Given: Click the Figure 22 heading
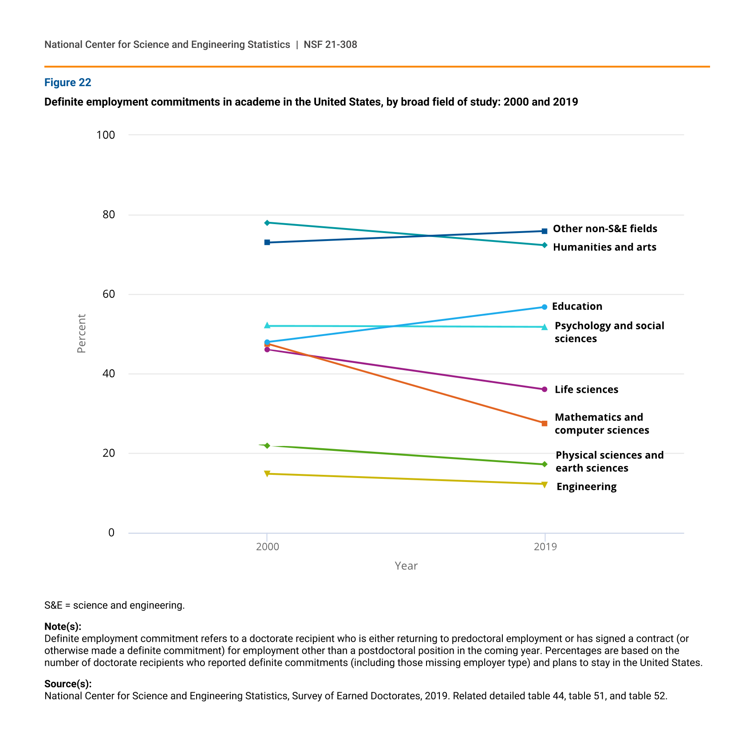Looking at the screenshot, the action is (x=67, y=83).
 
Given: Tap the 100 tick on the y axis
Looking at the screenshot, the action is (x=106, y=135).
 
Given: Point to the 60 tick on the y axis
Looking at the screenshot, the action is (x=109, y=294).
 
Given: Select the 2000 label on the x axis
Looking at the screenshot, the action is (x=267, y=547).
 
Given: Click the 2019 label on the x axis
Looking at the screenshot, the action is (x=545, y=547).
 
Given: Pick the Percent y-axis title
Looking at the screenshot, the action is (x=81, y=334).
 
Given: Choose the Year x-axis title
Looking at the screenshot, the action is (x=406, y=566).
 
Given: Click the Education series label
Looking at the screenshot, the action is (x=577, y=306).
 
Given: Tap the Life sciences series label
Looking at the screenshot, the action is (x=586, y=389).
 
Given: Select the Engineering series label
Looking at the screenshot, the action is (x=586, y=487).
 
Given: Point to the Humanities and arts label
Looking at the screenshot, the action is (x=604, y=247).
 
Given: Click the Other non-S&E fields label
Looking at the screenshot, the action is (x=605, y=229).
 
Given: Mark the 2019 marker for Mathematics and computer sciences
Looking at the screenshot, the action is (x=545, y=423).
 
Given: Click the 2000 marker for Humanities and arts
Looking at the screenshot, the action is (x=267, y=223).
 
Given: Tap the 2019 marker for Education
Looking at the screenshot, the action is (x=545, y=307).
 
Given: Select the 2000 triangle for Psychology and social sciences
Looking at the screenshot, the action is (x=267, y=326).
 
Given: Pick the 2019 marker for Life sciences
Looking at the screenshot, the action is (x=545, y=389).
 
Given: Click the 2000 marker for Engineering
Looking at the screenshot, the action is (x=267, y=474).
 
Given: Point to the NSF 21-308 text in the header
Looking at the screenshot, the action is (x=330, y=44).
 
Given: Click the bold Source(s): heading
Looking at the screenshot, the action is (x=68, y=684).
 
